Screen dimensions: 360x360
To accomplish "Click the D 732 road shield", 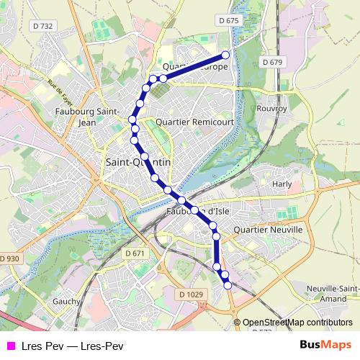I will pos(43,26).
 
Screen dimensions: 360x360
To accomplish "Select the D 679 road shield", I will pos(272,62).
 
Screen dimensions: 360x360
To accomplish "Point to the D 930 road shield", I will pos(9,258).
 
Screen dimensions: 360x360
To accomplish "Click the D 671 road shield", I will pos(135,253).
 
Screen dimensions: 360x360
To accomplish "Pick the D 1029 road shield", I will pos(190,294).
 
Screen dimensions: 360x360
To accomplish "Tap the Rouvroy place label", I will pos(271,108).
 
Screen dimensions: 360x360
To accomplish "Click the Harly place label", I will pos(282,184).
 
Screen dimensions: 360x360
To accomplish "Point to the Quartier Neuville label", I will pos(269,229).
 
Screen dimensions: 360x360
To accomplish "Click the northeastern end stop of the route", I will pos(225,55).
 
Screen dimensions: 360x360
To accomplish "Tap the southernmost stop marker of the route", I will pos(228,285).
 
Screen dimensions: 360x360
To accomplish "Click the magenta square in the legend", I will pos(11,345).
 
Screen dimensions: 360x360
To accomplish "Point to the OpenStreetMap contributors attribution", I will pos(297,323).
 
